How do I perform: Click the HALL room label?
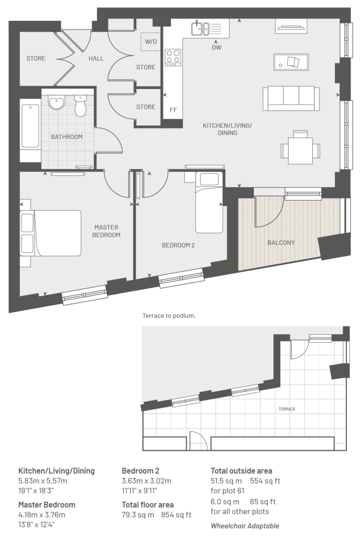pos(96,59)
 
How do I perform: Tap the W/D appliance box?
pos(151,42)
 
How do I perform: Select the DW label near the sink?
pos(216,47)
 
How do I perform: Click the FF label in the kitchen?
pos(173,110)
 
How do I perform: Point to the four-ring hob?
pos(173,57)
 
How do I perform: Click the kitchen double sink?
pos(200,28)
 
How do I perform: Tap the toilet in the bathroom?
pos(81,105)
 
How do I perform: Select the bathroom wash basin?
pos(56,102)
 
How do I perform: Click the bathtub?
pos(30,126)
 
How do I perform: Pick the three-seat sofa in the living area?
pos(291,99)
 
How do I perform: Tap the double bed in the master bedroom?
pos(51,233)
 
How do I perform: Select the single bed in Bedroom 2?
pos(207,203)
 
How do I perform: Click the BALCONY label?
pos(281,243)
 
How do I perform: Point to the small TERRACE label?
pos(287,409)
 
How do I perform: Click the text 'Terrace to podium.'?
pos(169,316)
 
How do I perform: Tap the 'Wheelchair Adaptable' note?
pos(245,526)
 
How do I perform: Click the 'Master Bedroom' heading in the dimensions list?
pos(46,505)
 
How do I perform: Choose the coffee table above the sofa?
pos(291,62)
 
